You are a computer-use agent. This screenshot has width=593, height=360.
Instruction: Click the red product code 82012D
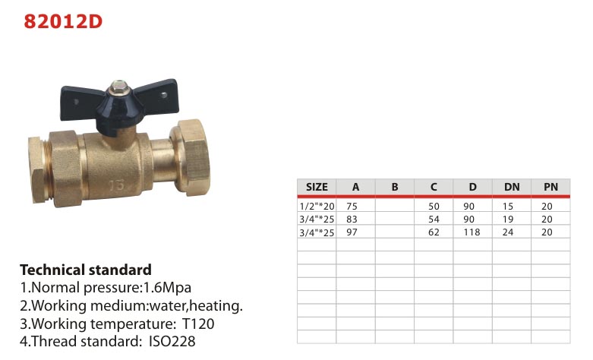click(x=63, y=21)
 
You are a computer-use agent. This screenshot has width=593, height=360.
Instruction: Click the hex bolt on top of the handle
click(x=118, y=87)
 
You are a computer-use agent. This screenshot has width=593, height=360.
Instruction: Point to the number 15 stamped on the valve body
click(x=117, y=185)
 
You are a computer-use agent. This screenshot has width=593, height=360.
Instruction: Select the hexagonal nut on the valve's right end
click(x=191, y=157)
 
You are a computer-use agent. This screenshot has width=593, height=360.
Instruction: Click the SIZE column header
click(x=317, y=187)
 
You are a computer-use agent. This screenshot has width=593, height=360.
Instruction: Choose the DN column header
click(x=512, y=187)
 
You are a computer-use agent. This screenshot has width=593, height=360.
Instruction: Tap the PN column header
click(x=550, y=187)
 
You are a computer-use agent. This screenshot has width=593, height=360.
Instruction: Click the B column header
click(x=395, y=187)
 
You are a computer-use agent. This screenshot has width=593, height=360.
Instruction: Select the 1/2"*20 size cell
click(x=317, y=207)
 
